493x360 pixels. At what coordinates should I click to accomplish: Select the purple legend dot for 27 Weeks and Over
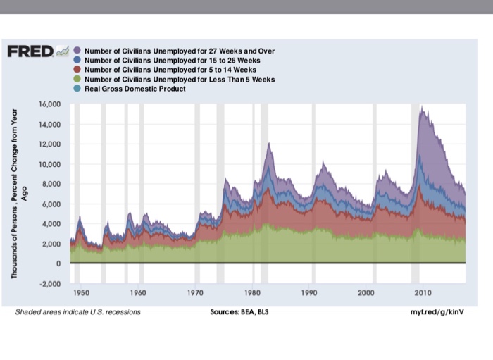click(77, 51)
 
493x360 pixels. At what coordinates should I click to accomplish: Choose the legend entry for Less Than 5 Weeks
click(180, 79)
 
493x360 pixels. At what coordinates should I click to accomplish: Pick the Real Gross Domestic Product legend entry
click(135, 88)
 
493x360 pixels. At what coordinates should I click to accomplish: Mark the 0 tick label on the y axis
click(60, 263)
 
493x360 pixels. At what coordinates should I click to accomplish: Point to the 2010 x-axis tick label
click(423, 292)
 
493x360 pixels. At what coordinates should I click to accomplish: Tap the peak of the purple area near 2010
click(421, 108)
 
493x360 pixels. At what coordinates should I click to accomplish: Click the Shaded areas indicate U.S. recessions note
click(78, 311)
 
